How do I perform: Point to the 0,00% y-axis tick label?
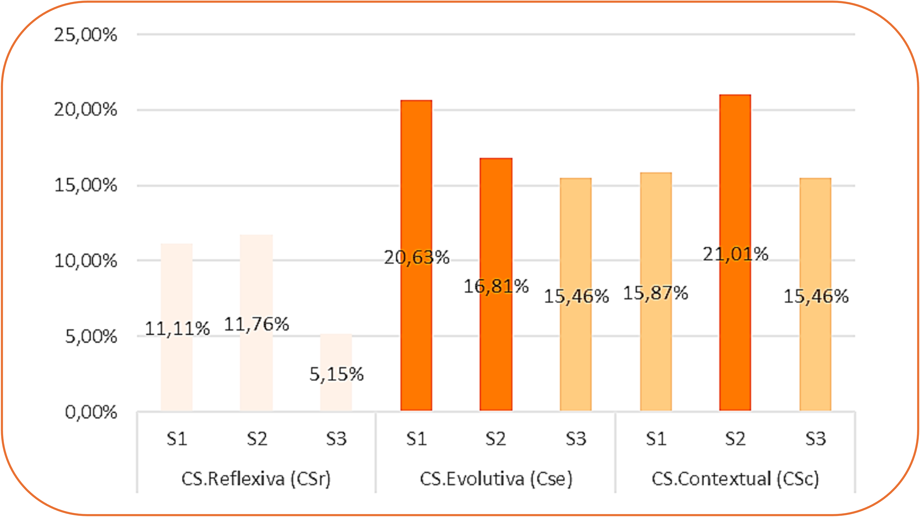(x=91, y=412)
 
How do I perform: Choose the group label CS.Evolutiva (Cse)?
(x=496, y=479)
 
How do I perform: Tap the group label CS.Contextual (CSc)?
(x=735, y=479)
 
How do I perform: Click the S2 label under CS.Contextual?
(x=735, y=439)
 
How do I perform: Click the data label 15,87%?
(x=656, y=293)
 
